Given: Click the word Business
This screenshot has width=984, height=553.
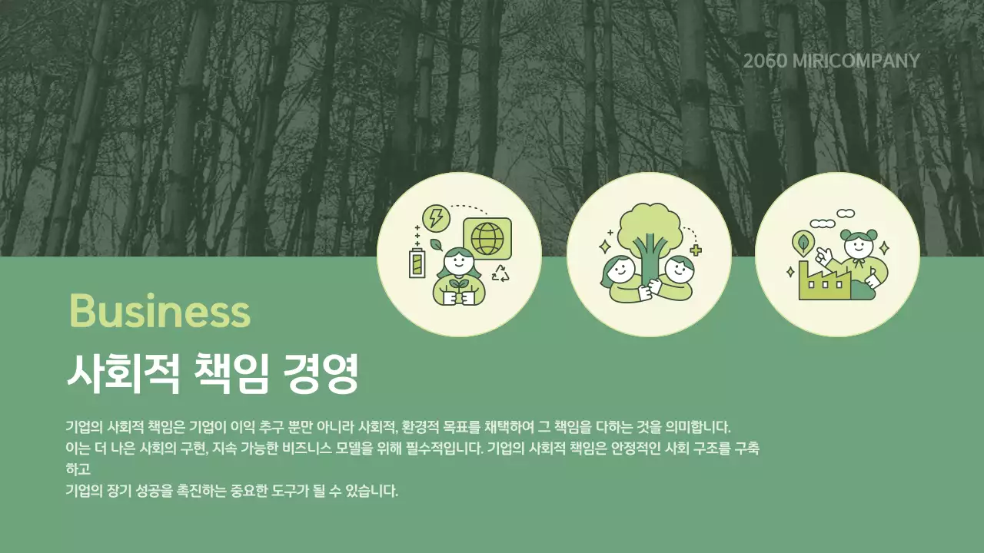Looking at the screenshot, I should point(159,312).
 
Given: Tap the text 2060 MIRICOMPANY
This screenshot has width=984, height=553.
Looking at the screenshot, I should point(831,61).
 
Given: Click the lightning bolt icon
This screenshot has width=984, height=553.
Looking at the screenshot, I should point(436,217).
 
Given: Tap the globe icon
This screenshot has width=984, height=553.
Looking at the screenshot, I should point(487,238).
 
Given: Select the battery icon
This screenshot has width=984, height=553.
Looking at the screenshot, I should point(417,263).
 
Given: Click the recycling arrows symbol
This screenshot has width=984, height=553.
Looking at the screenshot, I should point(500,273).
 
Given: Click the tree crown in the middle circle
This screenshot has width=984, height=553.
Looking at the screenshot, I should point(647,222).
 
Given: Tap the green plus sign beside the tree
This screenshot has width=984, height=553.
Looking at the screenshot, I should point(696,250).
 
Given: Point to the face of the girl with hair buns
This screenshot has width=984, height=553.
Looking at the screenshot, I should point(857,249).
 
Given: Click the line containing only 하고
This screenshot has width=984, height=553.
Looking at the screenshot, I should point(78,469).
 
